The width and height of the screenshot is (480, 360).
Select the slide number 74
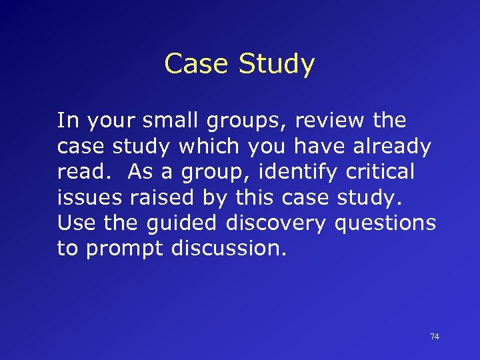tap(434, 337)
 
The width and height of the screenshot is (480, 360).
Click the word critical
tap(380, 171)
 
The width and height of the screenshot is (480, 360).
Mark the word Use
tap(74, 223)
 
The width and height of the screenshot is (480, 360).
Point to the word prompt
tap(125, 249)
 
